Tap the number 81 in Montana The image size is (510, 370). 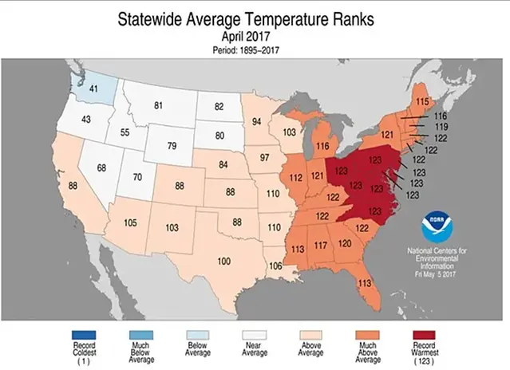click(159, 105)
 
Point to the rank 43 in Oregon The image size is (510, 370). click(85, 120)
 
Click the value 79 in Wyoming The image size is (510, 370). click(171, 146)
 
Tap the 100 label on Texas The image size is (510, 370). click(224, 262)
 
